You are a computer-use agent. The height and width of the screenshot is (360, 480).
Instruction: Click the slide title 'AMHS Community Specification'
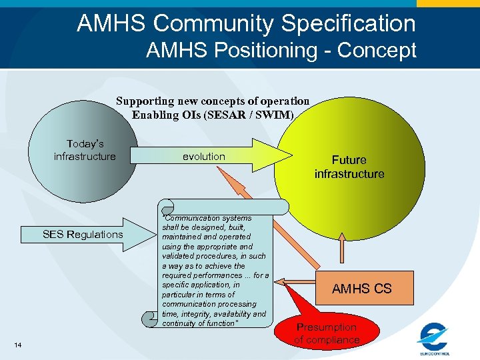246,24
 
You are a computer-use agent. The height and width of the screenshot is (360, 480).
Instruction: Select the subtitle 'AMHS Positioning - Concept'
281,50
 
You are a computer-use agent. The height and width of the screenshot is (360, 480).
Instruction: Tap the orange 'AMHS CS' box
361,289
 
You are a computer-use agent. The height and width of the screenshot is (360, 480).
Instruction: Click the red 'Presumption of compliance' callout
327,333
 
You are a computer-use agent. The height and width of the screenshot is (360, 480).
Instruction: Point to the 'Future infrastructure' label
349,167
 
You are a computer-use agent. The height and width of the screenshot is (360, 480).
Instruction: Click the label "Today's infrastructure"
85,150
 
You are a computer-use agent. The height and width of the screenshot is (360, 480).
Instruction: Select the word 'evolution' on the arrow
204,157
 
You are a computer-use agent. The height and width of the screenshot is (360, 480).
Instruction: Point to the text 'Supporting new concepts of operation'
213,101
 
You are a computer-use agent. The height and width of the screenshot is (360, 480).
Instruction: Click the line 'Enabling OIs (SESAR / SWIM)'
213,114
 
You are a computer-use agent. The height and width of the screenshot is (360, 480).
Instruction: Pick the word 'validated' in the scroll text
178,256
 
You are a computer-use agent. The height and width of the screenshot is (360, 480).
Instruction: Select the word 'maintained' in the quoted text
183,237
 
